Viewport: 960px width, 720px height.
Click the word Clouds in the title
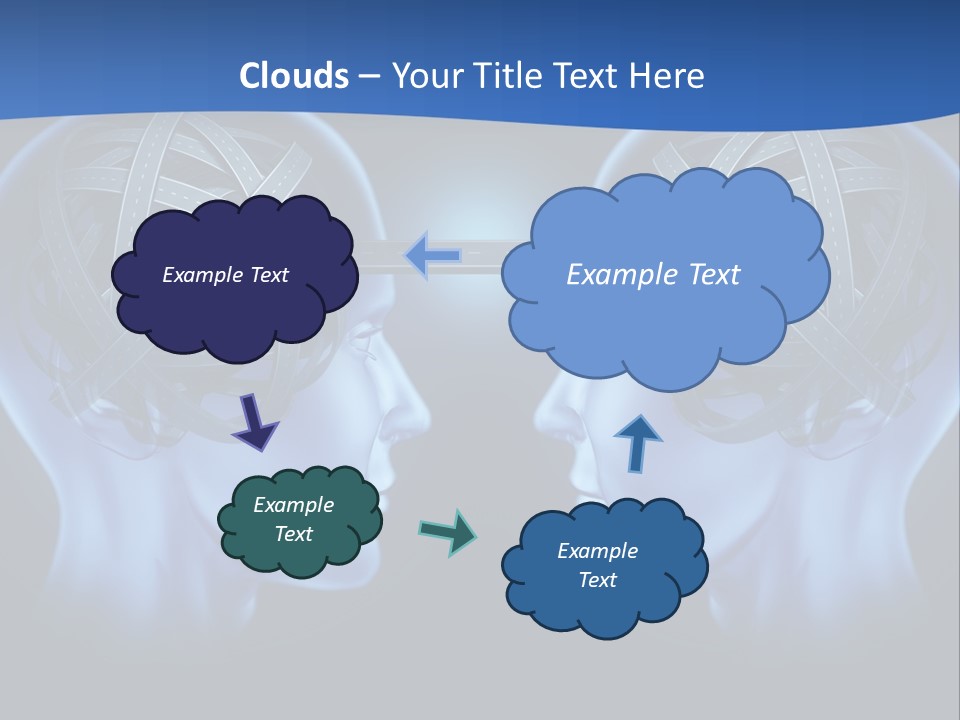pos(294,75)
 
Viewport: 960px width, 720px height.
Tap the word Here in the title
pos(668,75)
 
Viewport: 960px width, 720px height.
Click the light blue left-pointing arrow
pos(432,255)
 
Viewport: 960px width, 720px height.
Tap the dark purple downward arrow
pos(255,421)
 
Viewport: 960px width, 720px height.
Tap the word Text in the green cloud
pos(294,534)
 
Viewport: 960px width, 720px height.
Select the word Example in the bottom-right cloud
pos(597,551)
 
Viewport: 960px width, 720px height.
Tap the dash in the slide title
pos(369,77)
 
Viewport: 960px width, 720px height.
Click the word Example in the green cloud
pos(294,505)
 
